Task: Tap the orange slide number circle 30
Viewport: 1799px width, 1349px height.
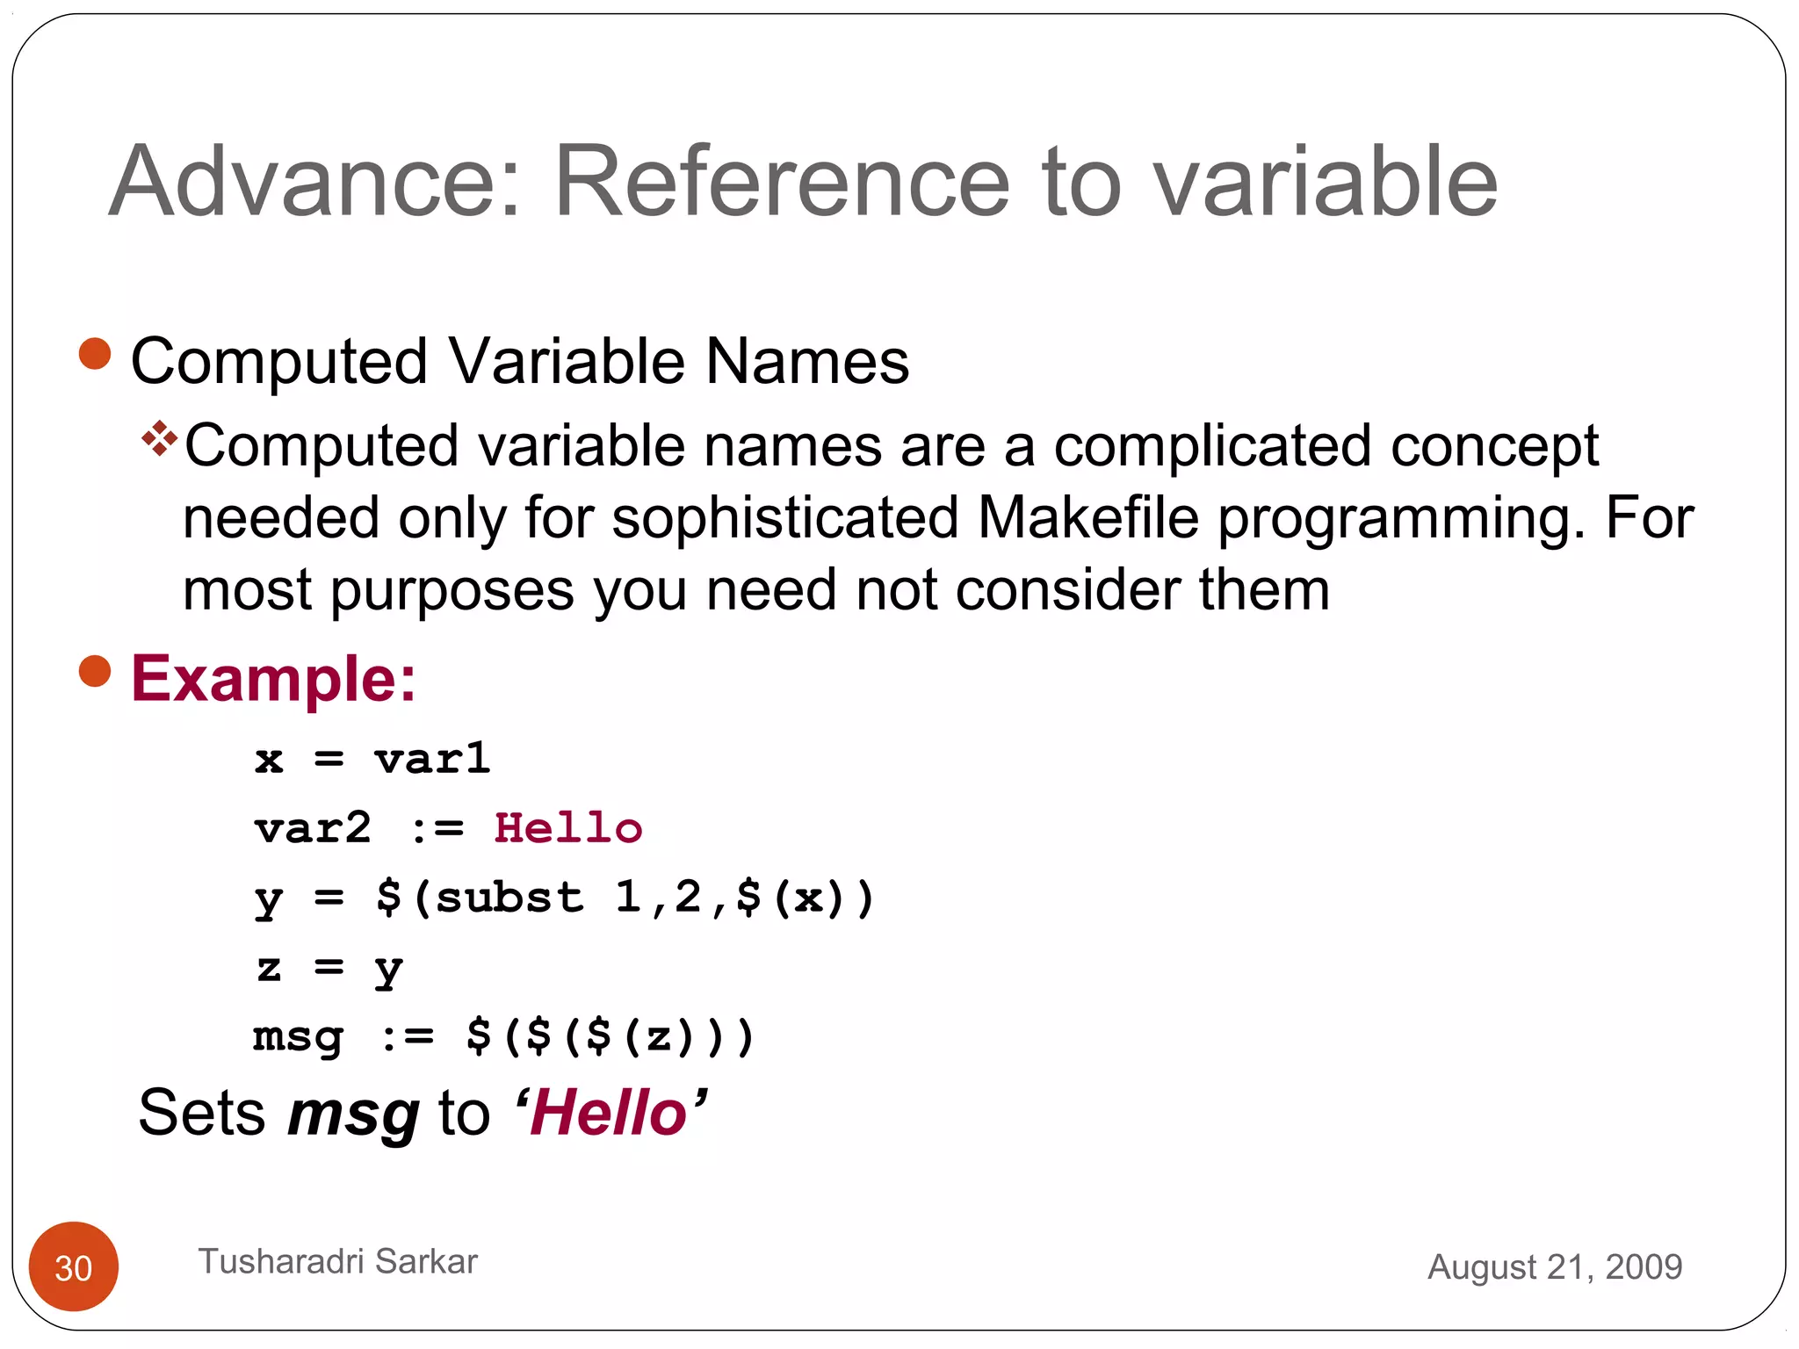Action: pos(74,1266)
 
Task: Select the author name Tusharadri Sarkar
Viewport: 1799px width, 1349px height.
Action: pos(337,1261)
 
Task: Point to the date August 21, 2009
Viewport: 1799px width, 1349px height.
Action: pos(1554,1266)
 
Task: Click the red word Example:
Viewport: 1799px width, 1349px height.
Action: pos(273,679)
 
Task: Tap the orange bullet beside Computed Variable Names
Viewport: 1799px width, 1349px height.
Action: pos(95,355)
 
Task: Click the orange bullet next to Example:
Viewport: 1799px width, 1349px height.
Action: pos(95,672)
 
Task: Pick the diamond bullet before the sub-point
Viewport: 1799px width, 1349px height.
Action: pos(159,438)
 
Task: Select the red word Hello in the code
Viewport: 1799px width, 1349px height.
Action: pos(568,828)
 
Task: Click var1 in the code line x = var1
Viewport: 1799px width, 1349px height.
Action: pos(432,759)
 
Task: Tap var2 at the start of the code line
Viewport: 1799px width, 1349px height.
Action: pos(313,828)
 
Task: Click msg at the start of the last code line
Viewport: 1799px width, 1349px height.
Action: pos(298,1037)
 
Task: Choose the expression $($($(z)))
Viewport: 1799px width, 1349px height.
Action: pos(610,1036)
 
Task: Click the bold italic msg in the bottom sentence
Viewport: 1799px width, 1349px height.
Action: pos(353,1114)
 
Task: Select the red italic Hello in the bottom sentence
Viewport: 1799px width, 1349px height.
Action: pos(608,1113)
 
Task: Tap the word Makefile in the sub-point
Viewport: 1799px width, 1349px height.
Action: pos(1087,517)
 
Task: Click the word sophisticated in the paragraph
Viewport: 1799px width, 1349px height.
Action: pos(784,517)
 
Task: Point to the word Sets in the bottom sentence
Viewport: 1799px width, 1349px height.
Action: pos(202,1113)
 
